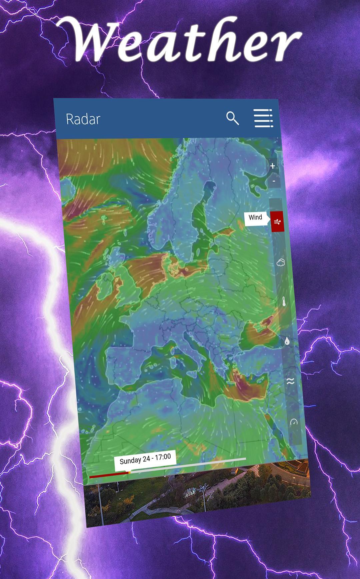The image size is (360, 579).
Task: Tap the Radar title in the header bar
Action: pos(83,119)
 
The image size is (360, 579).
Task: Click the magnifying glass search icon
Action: pos(232,118)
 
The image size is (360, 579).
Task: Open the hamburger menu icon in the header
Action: pos(263,118)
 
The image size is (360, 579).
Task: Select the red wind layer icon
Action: pos(277,221)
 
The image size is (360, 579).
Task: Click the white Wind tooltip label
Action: pos(256,218)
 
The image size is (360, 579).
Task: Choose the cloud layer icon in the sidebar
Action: pos(281,262)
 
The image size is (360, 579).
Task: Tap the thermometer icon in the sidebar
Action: pos(284,302)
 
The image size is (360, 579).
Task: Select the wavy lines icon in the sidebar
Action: pos(290,381)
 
